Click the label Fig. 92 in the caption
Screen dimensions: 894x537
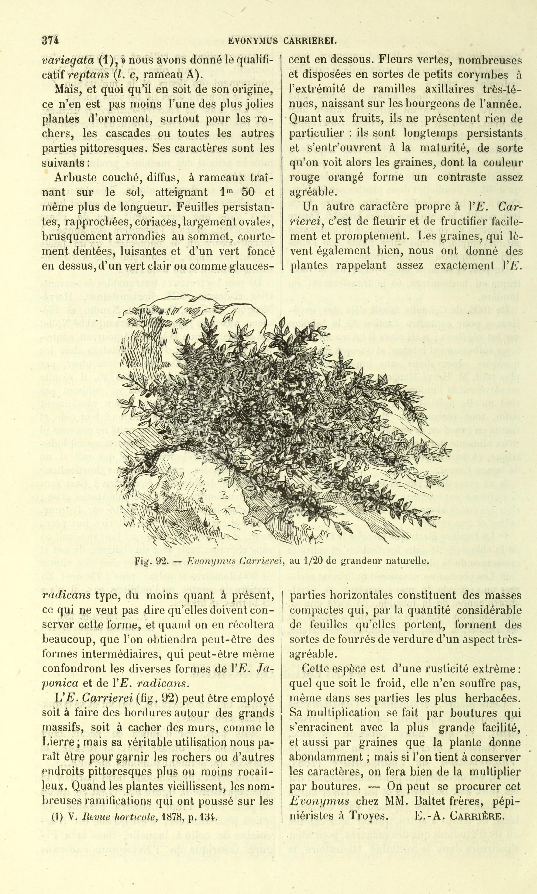point(150,561)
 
